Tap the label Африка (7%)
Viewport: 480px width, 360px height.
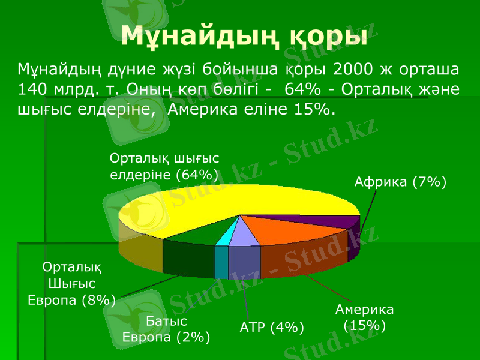coord(400,181)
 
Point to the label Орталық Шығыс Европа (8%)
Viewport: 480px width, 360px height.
coord(72,283)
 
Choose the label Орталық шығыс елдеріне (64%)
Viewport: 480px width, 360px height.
coord(164,166)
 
